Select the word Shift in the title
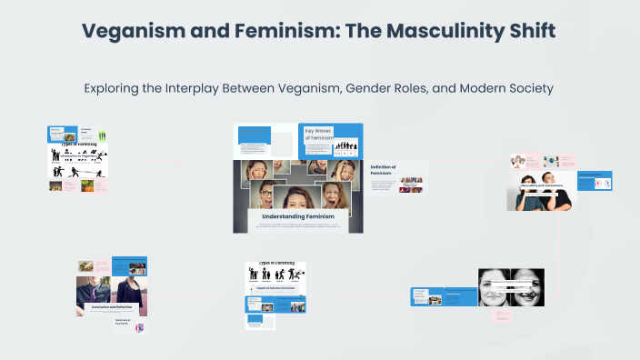(x=526, y=30)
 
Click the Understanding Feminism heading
(x=298, y=216)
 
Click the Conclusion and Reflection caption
(x=112, y=307)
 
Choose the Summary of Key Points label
(x=125, y=321)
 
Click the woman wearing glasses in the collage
(x=265, y=193)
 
